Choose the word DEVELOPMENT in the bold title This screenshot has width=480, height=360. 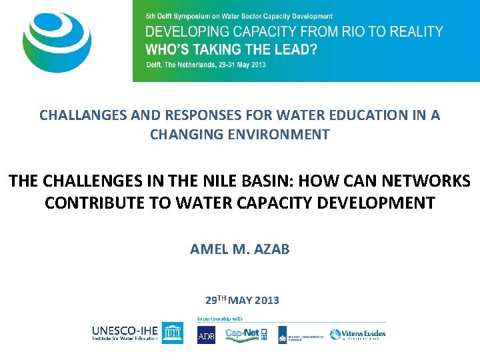pyautogui.click(x=378, y=203)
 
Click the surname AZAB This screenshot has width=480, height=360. pyautogui.click(x=273, y=249)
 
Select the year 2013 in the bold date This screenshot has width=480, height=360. pyautogui.click(x=266, y=301)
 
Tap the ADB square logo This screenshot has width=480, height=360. pyautogui.click(x=207, y=335)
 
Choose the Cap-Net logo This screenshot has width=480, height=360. pyautogui.click(x=244, y=334)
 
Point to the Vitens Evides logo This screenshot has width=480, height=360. pyautogui.click(x=359, y=334)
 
